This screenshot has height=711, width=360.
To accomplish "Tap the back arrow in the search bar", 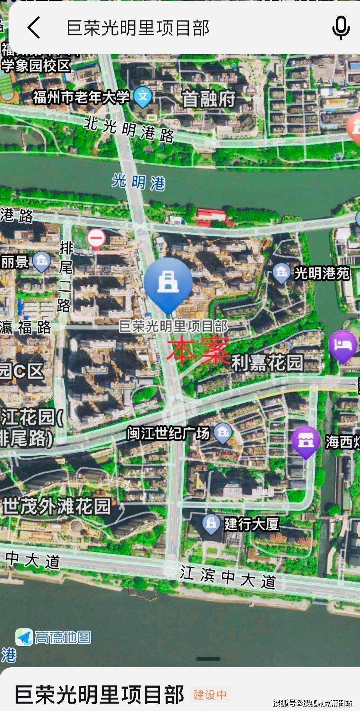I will coord(34,27).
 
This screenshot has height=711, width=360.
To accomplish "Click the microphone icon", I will coord(340,27).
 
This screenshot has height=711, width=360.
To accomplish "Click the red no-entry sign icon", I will coord(96,238).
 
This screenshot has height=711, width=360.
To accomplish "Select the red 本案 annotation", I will coord(197,350).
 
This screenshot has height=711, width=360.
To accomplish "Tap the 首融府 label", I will coord(208,99).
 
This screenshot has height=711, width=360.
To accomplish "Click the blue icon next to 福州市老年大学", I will coord(143,96).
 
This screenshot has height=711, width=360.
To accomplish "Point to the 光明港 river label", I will coord(139,182).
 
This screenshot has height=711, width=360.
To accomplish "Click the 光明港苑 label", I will coord(322,273).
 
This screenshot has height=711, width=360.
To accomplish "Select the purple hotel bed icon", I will coord(343,345).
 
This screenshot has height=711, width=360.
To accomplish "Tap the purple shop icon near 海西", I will coord(305,441).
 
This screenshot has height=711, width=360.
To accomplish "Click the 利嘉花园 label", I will coord(267,362).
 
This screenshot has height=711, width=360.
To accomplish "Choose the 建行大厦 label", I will coord(251,524).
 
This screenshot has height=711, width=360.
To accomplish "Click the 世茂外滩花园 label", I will coord(57,506).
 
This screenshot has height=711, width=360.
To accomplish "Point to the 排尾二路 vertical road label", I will coord(66,276).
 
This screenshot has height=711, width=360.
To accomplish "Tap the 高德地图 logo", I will coord(53,637).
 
